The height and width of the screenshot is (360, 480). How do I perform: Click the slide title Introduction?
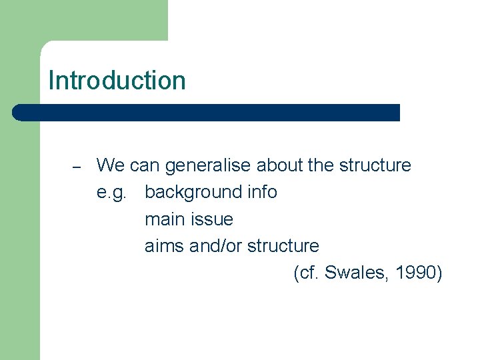[x=117, y=81]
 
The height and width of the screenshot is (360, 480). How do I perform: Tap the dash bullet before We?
[x=76, y=167]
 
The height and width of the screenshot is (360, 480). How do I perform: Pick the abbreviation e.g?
[x=111, y=193]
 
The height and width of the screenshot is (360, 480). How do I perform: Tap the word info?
[x=261, y=192]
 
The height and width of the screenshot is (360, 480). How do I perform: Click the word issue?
[x=211, y=219]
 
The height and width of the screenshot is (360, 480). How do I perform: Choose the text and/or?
[x=216, y=246]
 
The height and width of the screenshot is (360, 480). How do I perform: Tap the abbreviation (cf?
[x=306, y=273]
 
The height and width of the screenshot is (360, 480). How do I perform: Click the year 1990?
[x=417, y=273]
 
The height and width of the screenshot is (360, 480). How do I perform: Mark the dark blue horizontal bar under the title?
[x=207, y=112]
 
